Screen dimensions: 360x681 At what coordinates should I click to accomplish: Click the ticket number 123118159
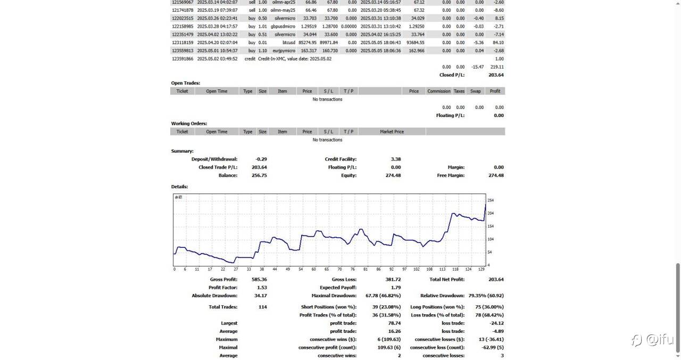click(x=182, y=43)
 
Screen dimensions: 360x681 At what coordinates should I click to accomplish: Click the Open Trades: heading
click(x=185, y=83)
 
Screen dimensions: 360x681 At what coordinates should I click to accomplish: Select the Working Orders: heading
click(x=189, y=123)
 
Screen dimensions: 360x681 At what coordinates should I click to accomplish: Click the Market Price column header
click(x=392, y=132)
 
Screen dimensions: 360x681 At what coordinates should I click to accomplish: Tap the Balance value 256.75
click(x=259, y=175)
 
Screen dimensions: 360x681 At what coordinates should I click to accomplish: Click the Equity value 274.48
click(x=393, y=175)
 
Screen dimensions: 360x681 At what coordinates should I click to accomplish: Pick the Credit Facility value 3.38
click(x=395, y=159)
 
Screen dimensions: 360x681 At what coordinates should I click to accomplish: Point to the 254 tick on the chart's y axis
click(x=491, y=200)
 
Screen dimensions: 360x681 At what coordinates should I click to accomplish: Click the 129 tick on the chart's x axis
click(x=481, y=269)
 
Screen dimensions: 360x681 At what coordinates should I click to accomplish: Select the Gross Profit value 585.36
click(x=259, y=279)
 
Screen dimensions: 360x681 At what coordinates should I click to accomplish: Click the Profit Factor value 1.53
click(x=262, y=288)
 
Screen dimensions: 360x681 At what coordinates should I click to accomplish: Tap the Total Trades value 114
click(x=262, y=307)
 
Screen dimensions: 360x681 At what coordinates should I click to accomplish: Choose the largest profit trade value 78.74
click(x=394, y=323)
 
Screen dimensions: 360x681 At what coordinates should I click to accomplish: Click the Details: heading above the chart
click(x=179, y=187)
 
